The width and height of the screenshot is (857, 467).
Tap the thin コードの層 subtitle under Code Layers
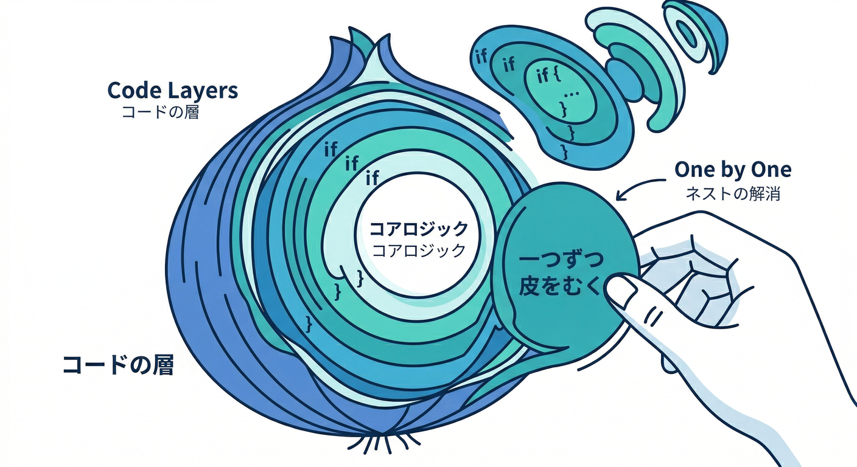[160, 112]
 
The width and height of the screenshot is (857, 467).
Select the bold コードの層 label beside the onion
[118, 365]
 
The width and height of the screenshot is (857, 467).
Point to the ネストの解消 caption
[733, 194]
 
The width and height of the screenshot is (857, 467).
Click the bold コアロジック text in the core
[419, 229]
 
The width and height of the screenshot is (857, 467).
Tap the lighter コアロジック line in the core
[419, 251]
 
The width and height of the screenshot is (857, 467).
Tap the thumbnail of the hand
[621, 289]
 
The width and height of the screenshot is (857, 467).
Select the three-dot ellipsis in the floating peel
[570, 94]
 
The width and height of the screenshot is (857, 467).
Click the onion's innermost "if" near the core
[373, 178]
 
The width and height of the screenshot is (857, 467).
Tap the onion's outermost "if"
[331, 149]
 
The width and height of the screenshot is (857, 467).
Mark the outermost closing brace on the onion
[309, 324]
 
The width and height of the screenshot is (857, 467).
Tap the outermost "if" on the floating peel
[481, 57]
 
